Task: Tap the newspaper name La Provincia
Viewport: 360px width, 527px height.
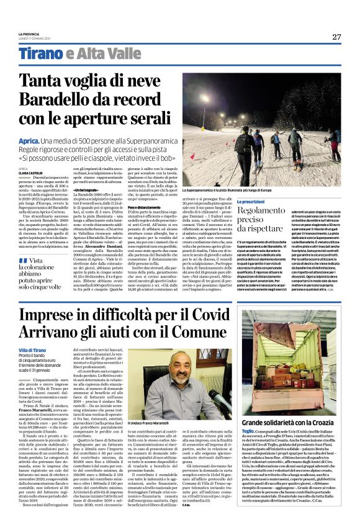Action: (28, 34)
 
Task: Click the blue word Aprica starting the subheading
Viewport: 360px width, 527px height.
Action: (30, 142)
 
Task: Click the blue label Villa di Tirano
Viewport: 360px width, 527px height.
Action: (34, 351)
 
